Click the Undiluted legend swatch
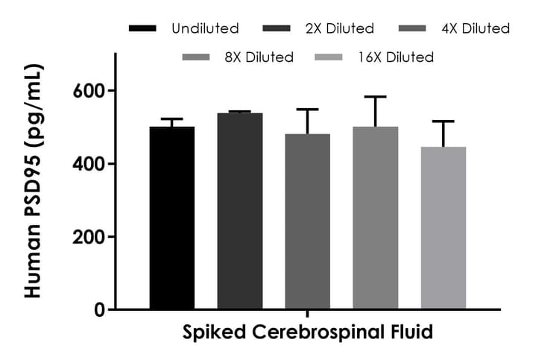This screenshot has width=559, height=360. [x=142, y=29]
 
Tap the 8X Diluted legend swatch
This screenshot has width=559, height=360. [x=197, y=57]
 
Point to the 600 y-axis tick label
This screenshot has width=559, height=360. [x=90, y=91]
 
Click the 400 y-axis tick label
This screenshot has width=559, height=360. [x=90, y=164]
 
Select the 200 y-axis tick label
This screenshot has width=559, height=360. [x=90, y=237]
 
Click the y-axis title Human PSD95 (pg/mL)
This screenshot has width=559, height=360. [x=34, y=181]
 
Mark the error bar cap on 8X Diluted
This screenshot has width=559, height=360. [x=376, y=97]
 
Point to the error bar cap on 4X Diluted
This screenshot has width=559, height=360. [x=308, y=110]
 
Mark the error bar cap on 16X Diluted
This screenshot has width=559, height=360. [x=443, y=121]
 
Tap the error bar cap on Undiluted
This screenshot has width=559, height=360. [x=172, y=119]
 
